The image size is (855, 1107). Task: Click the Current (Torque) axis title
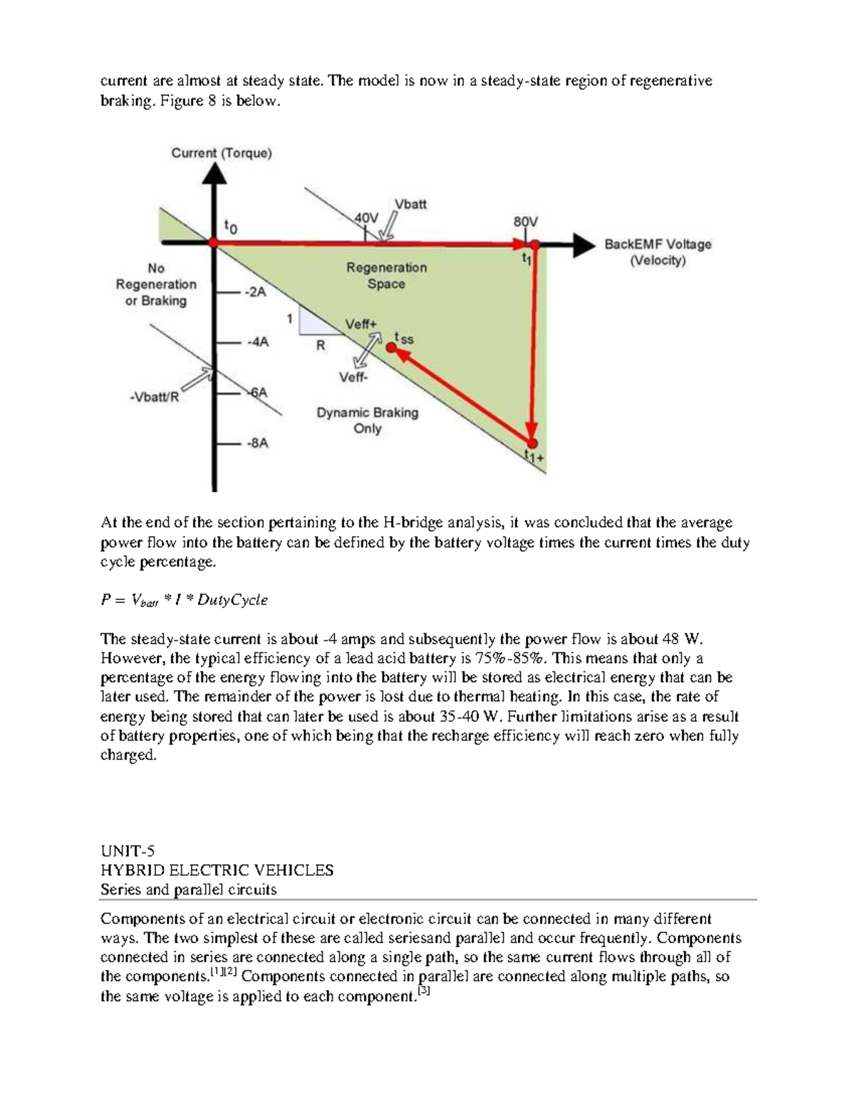click(x=221, y=153)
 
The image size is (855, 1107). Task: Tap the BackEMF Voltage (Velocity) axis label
click(x=657, y=252)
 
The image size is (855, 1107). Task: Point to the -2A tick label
click(x=254, y=292)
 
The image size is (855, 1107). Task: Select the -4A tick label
click(x=257, y=342)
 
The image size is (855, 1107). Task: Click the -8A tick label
click(x=257, y=443)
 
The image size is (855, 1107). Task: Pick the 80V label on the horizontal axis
click(x=526, y=222)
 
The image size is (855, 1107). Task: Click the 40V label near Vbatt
click(x=366, y=217)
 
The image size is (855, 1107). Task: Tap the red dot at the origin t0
click(x=213, y=243)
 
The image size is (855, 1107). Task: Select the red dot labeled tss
click(x=391, y=347)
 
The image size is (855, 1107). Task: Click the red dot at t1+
click(x=532, y=443)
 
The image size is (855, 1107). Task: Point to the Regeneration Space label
click(x=386, y=276)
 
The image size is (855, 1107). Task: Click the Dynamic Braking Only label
click(x=367, y=421)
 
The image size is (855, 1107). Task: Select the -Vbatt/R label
click(x=154, y=397)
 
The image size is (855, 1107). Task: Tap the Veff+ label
click(x=361, y=324)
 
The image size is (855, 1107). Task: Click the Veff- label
click(x=353, y=377)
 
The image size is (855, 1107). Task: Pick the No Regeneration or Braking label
click(x=156, y=284)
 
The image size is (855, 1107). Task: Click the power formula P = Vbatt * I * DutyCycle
click(x=184, y=600)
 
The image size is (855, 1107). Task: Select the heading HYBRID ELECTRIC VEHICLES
click(x=217, y=870)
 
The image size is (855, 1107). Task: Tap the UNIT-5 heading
click(x=128, y=851)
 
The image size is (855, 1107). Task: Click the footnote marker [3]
click(x=423, y=990)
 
